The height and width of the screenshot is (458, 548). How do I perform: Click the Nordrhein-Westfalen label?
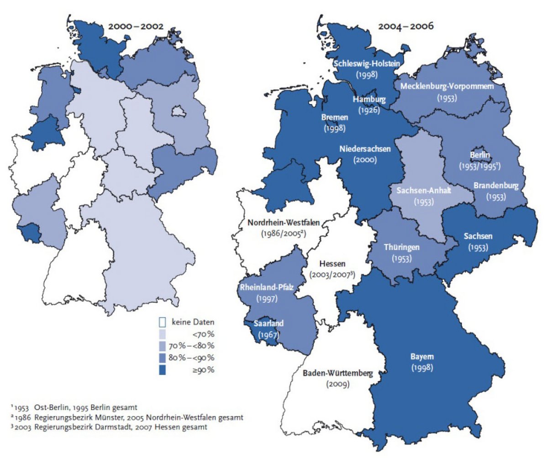coord(284,223)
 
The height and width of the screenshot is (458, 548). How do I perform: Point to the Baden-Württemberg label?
coord(338,373)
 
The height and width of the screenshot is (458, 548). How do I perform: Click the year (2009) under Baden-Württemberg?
coord(338,384)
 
